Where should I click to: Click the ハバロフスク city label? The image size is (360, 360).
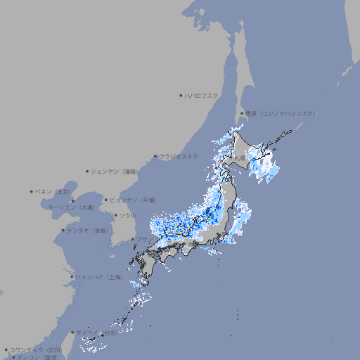(201, 95)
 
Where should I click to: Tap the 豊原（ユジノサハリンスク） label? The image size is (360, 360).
(281, 113)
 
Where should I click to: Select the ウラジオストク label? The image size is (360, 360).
(179, 156)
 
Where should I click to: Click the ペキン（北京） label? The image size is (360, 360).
(54, 191)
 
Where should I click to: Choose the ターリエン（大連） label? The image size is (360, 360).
(71, 208)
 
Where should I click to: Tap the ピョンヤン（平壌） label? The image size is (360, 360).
(133, 200)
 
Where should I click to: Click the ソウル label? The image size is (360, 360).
(127, 215)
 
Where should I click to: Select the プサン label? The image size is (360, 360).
(143, 239)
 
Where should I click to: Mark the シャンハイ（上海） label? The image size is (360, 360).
(98, 277)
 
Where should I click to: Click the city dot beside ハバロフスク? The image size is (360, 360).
(181, 95)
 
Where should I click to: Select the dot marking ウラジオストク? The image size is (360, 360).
(155, 156)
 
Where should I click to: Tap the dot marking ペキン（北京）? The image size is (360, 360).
(32, 191)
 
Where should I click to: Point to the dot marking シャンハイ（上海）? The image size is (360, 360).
(72, 277)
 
